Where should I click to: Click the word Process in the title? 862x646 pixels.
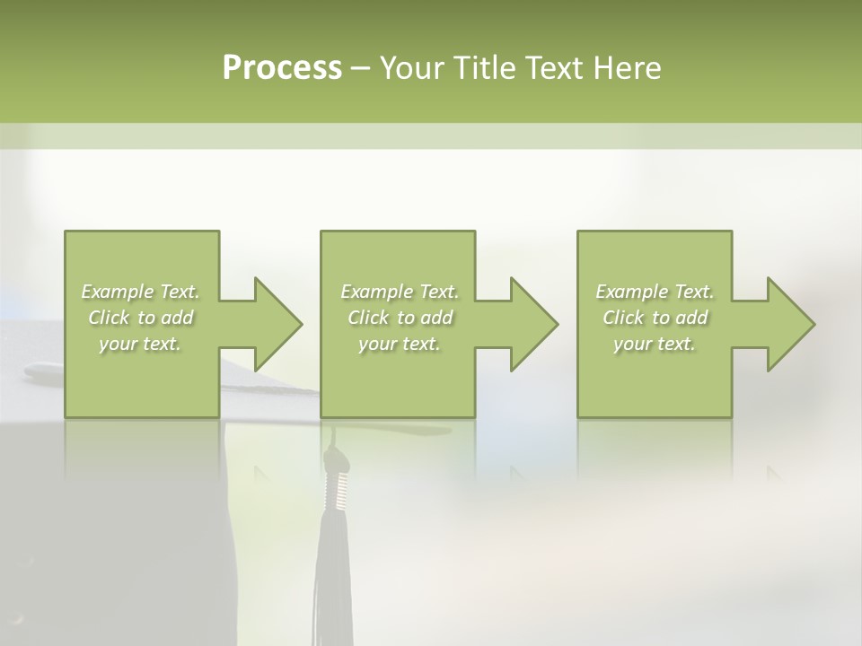[282, 68]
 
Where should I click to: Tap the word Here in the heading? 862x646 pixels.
[626, 68]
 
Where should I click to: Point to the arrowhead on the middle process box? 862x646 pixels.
[532, 324]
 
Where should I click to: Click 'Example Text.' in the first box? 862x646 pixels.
[141, 292]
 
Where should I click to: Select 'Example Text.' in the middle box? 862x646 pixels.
[400, 292]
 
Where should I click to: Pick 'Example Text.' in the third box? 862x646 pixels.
[655, 292]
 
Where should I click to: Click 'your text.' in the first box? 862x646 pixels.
[141, 344]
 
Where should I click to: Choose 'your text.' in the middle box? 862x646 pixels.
[400, 344]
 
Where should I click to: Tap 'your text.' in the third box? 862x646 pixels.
[655, 344]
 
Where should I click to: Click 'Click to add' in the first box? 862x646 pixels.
[141, 318]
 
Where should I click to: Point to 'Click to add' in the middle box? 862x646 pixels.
[400, 318]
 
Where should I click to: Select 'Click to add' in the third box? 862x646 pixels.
[655, 318]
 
